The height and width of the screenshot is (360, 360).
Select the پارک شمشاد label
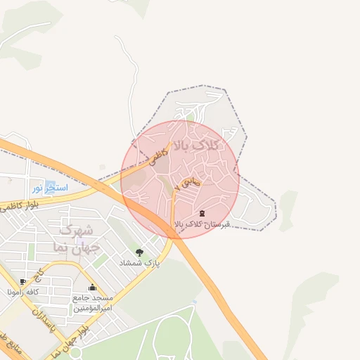tap(143, 263)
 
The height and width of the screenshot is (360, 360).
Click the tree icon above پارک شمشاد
tap(139, 252)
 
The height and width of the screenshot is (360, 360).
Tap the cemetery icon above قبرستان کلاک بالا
tap(202, 213)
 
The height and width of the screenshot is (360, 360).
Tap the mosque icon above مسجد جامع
tap(92, 287)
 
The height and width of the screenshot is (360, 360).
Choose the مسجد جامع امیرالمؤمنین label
tap(93, 303)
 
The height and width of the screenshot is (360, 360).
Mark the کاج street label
tap(41, 270)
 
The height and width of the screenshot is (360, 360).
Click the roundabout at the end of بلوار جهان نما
tap(52, 354)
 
